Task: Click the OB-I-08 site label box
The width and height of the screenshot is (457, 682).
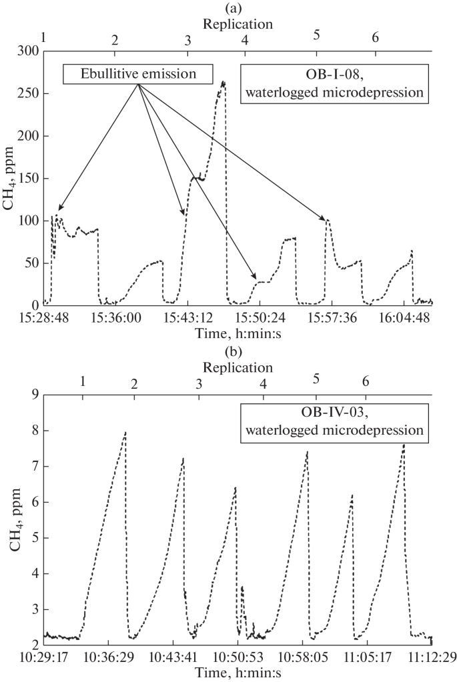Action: (333, 83)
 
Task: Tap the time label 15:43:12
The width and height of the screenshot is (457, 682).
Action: (187, 318)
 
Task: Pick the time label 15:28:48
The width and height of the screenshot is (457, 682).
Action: (43, 318)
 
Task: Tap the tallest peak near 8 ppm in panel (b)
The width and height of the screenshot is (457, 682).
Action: (125, 433)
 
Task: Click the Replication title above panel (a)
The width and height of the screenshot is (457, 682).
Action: (238, 24)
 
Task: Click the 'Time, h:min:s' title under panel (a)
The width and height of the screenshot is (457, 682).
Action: (238, 331)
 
